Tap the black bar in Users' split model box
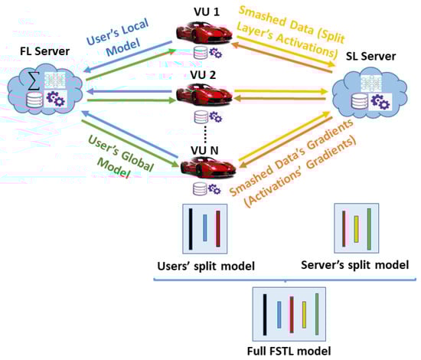191,228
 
